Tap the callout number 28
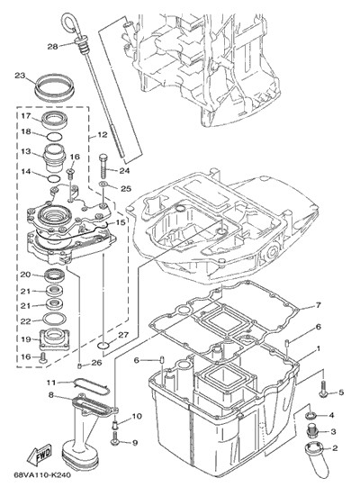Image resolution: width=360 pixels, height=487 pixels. pos(52,47)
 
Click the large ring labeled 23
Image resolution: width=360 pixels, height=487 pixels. pos(55,86)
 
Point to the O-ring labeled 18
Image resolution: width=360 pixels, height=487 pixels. pos(55,136)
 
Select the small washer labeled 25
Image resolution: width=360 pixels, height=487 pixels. pos(103,185)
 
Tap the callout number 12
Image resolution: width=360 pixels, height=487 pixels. pos(103,135)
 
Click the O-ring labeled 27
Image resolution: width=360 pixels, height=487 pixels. pos(103,345)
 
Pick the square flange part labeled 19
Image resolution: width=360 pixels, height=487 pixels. pos(54,339)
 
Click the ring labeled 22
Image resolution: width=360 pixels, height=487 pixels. pos(54,318)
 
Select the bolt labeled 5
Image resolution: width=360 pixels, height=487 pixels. pos(323,389)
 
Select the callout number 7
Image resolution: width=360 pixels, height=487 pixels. pos(318,305)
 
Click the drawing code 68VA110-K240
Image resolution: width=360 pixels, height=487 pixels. pos(42,475)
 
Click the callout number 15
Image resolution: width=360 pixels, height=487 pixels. pos(121,222)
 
